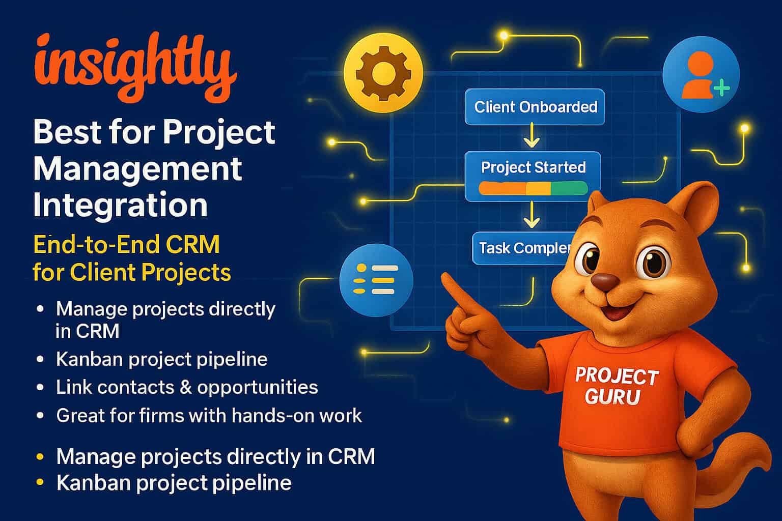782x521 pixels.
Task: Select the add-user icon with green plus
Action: coord(701,75)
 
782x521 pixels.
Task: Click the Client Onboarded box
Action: coord(535,107)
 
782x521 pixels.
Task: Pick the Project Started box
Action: coord(533,176)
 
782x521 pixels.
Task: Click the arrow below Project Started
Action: coord(531,215)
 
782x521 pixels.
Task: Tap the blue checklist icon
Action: coord(376,280)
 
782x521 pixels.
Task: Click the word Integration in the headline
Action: coord(120,205)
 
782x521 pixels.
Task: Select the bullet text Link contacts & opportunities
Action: coord(187,387)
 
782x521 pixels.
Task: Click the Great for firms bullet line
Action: coord(209,416)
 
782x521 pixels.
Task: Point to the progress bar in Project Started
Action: coord(533,188)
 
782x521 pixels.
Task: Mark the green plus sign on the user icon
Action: coord(721,88)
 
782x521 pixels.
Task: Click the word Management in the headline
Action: coord(137,168)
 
